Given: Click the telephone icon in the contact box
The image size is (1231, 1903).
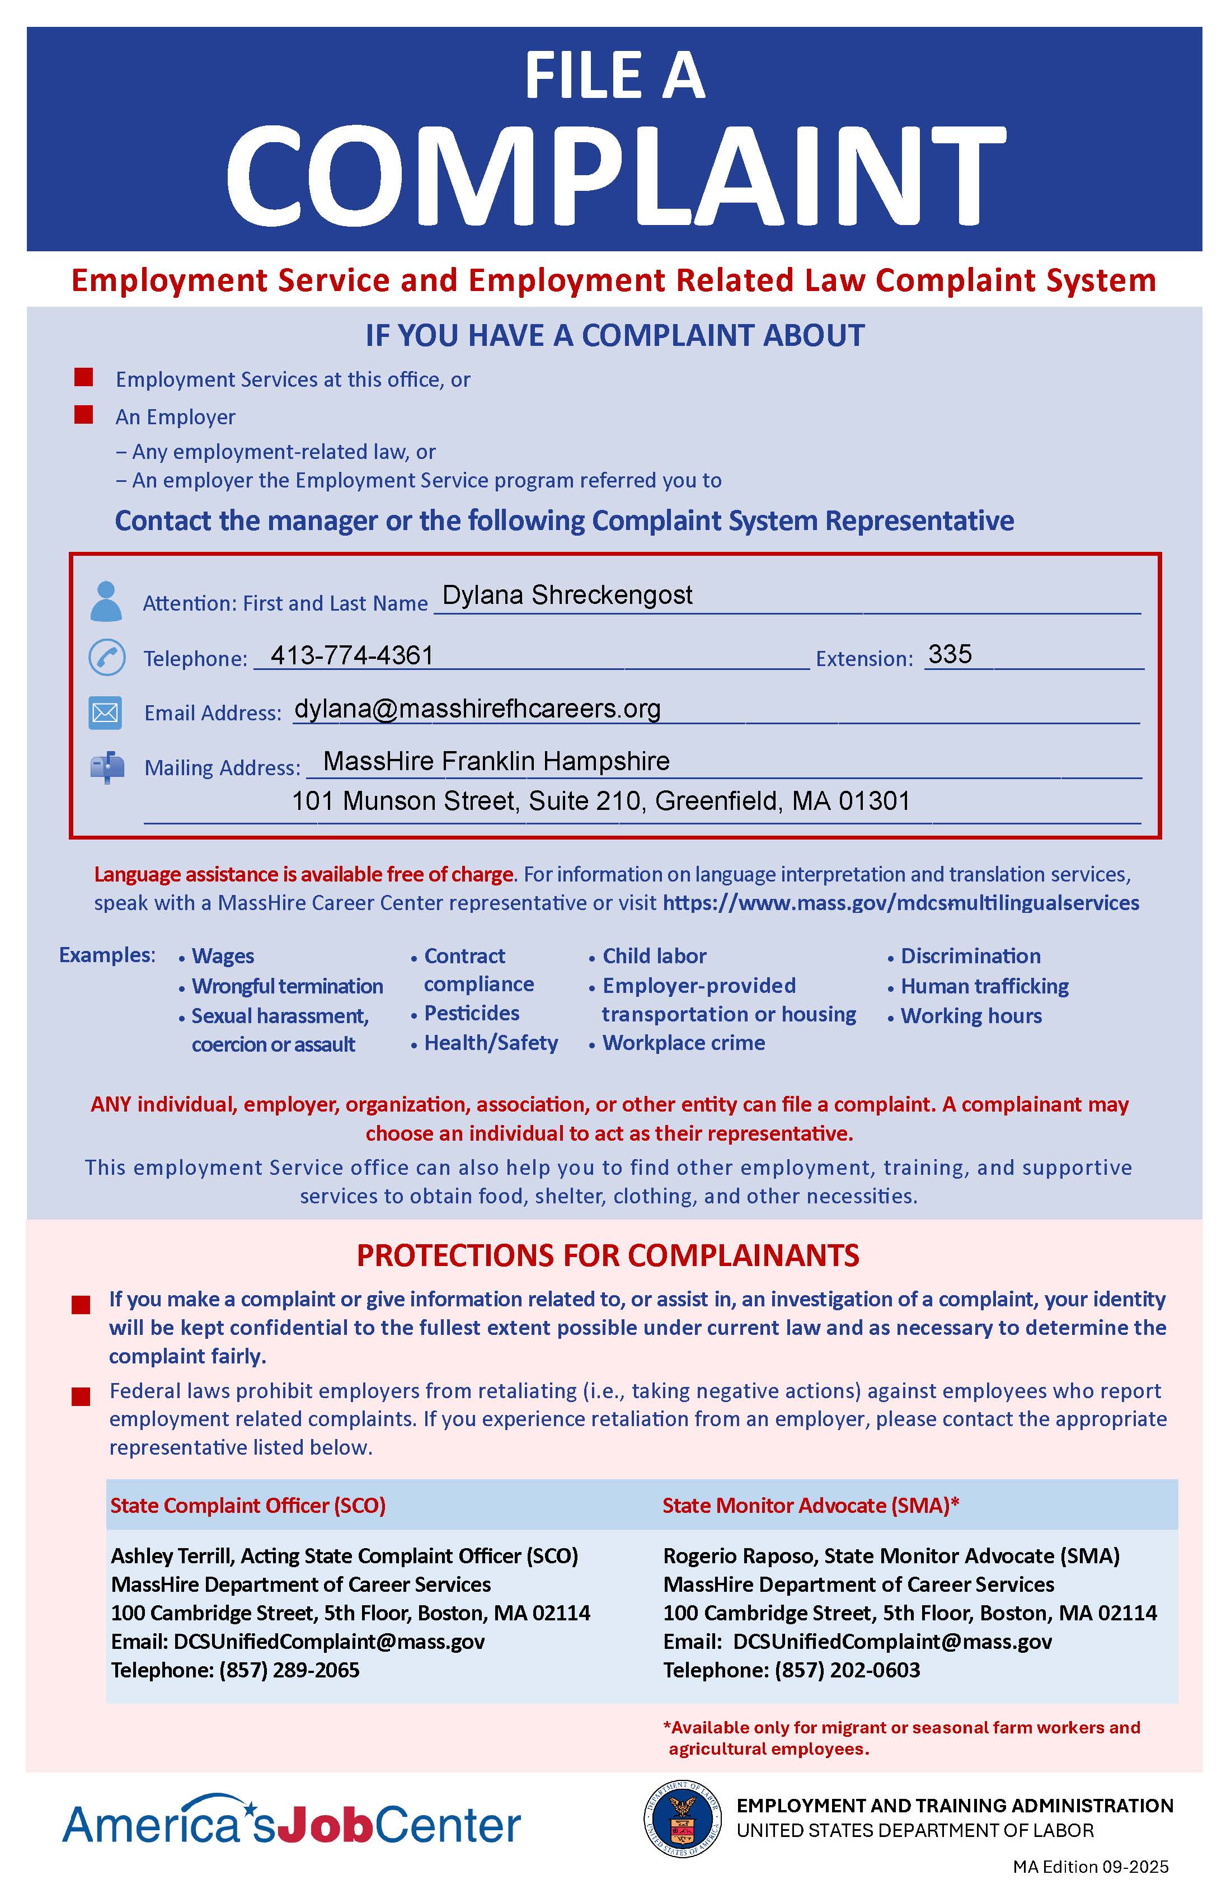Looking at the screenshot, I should (x=106, y=657).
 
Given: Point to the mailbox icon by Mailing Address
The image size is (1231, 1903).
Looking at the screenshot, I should (x=107, y=767).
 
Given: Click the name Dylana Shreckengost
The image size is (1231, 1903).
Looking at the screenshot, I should (x=567, y=595).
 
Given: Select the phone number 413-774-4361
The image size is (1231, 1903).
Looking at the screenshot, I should (x=352, y=655).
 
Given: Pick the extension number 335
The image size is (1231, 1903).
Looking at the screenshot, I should (x=950, y=654).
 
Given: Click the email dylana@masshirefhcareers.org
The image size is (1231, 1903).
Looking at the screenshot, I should (x=477, y=709).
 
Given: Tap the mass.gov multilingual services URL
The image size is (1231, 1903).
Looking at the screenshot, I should (x=900, y=903).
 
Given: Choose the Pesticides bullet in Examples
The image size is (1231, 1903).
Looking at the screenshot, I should (x=471, y=1013).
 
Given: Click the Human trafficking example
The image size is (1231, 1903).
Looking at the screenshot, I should (x=984, y=986).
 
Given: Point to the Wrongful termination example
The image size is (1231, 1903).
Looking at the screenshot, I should (x=287, y=986).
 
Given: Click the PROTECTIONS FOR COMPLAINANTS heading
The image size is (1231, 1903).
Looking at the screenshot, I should (x=608, y=1255).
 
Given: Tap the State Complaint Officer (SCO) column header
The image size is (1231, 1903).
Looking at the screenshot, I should (x=248, y=1505).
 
